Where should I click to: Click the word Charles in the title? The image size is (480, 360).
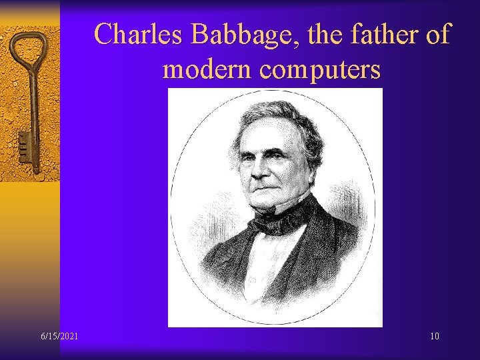138,35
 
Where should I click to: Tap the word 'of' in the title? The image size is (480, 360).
438,35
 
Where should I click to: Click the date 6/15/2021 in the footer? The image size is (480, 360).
58,336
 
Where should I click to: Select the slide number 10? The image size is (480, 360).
434,336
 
